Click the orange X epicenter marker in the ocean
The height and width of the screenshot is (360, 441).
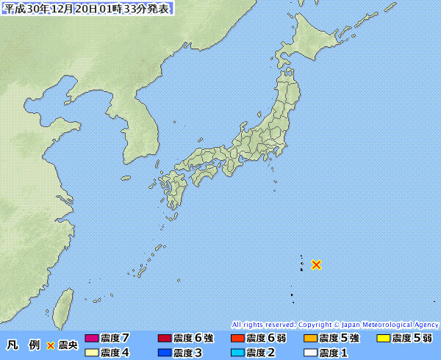[316, 264]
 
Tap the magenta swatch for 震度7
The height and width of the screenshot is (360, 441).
[92, 339]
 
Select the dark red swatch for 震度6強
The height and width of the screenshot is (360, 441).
[165, 339]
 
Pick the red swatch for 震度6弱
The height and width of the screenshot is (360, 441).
[237, 339]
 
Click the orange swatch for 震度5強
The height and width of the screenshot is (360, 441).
[310, 339]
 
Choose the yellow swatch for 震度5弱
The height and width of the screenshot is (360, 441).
[383, 339]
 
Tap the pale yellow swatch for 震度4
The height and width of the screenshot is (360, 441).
[92, 353]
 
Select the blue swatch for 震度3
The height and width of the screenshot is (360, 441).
[165, 353]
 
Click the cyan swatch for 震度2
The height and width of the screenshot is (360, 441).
[237, 353]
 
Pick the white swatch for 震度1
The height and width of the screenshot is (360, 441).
[310, 353]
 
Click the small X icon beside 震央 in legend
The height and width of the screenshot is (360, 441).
[51, 345]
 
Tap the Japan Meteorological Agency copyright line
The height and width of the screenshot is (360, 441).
[335, 324]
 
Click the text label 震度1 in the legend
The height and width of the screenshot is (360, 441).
[333, 353]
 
